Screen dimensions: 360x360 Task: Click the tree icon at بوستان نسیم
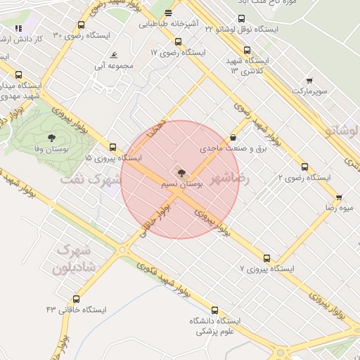[180, 172]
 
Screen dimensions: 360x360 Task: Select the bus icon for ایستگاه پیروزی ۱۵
[112, 147]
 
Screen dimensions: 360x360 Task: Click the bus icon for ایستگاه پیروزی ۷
[266, 258]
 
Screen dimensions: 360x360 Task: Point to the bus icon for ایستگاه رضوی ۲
[304, 167]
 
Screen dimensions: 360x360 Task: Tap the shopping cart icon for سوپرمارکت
[309, 81]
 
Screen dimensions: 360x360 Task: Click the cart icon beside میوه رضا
[339, 198]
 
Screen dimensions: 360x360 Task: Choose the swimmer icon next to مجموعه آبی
[114, 56]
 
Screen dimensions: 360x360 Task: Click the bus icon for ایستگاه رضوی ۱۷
[178, 41]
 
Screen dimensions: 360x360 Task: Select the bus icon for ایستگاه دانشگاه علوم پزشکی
[214, 310]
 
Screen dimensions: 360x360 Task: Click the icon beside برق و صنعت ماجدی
[233, 138]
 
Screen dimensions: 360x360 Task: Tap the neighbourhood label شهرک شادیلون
[70, 259]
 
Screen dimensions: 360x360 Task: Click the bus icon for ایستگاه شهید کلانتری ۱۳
[247, 50]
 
